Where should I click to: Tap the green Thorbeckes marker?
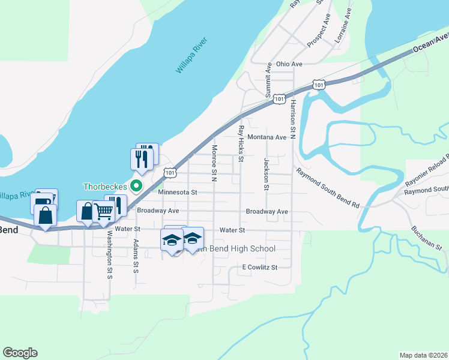[136, 186]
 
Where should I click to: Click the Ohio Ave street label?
[289, 64]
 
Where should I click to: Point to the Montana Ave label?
[267, 137]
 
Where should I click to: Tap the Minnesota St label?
[178, 193]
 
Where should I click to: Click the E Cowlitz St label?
[260, 267]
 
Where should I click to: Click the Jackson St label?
[266, 172]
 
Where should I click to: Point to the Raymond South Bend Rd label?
[327, 188]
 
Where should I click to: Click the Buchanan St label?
[427, 238]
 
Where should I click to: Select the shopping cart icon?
[103, 211]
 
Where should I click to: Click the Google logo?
[20, 353]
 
